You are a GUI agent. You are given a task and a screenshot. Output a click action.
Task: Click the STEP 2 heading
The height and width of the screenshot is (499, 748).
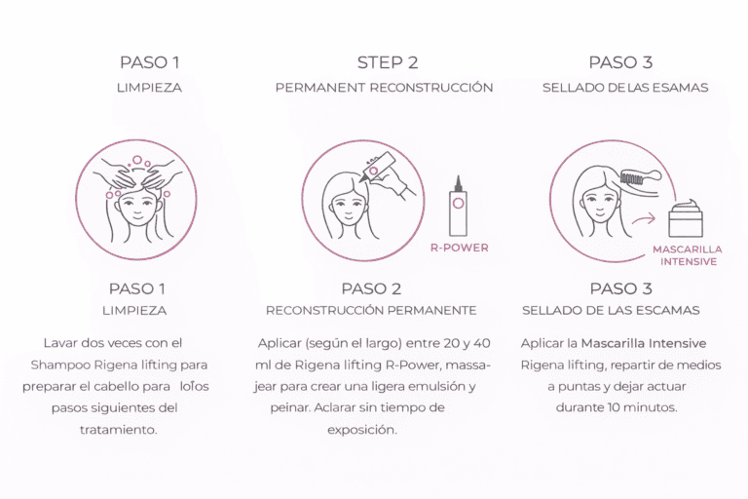[388, 62]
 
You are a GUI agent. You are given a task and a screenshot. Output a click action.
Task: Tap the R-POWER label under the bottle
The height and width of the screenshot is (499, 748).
[460, 248]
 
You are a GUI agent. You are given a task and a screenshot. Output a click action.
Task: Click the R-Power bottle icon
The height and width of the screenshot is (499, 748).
[458, 206]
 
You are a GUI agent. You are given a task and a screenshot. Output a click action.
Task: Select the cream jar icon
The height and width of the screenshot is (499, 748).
[686, 218]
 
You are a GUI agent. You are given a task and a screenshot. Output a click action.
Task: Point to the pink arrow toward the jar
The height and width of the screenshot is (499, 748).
[644, 219]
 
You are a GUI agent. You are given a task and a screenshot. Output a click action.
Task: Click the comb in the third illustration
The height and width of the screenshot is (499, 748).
[641, 177]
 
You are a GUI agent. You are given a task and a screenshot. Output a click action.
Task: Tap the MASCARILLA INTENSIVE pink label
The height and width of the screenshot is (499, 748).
[688, 255]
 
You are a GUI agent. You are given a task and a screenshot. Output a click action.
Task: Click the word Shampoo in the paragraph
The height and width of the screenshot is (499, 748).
[60, 365]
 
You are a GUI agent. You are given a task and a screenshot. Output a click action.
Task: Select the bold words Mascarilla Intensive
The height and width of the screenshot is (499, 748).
[644, 343]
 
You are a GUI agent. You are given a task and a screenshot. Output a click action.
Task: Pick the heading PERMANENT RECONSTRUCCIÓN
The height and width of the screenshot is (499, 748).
[384, 88]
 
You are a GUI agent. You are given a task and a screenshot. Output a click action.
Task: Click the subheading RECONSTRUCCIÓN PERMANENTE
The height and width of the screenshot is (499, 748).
[371, 310]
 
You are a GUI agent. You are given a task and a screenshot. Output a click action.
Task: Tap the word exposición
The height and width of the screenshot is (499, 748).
[362, 430]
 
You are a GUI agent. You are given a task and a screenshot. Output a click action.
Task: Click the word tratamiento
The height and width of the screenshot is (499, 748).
[118, 430]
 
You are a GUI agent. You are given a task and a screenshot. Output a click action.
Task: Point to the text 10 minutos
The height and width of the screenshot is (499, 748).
[642, 407]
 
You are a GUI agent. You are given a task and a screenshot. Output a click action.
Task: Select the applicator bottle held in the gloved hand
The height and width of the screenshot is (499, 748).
[377, 167]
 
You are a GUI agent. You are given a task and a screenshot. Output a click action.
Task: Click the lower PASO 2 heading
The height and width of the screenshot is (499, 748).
[371, 288]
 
